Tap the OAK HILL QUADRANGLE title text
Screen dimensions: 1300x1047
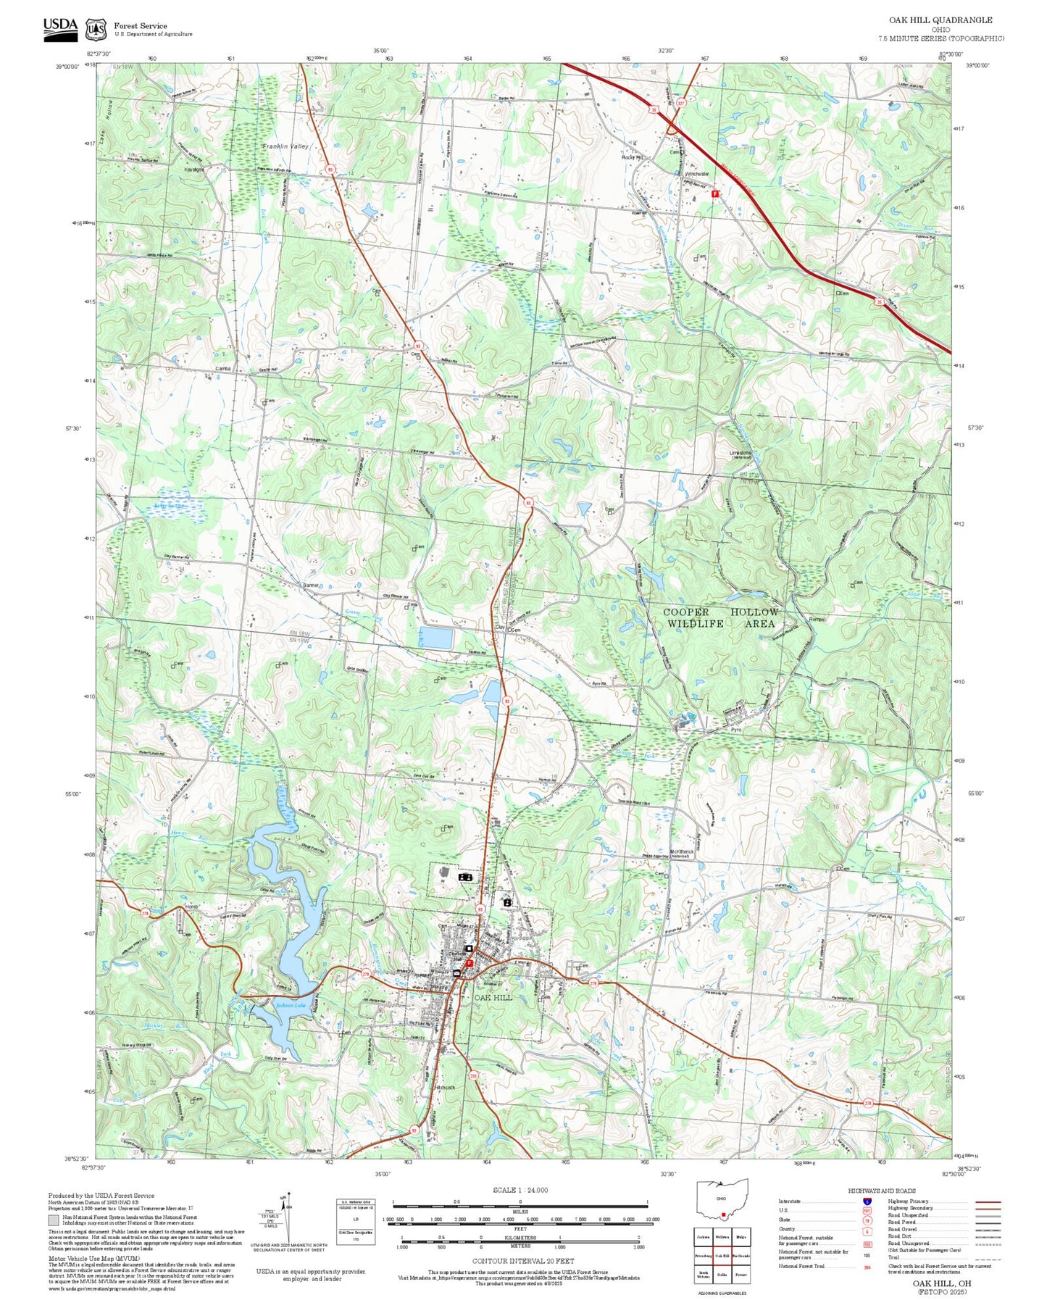coord(940,20)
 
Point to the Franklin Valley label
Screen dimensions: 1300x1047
coord(285,146)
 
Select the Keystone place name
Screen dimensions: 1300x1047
coord(193,170)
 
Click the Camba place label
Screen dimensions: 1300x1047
coord(223,369)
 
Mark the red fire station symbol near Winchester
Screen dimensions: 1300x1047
coord(714,194)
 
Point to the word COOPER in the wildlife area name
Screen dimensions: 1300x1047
coord(685,612)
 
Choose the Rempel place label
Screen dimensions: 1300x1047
coord(817,620)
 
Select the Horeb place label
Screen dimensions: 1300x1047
coord(191,907)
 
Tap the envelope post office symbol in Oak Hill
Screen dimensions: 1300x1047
coord(456,972)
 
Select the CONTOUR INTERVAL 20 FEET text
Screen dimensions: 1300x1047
coord(523,1261)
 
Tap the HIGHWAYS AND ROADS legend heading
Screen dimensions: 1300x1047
coord(881,1191)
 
